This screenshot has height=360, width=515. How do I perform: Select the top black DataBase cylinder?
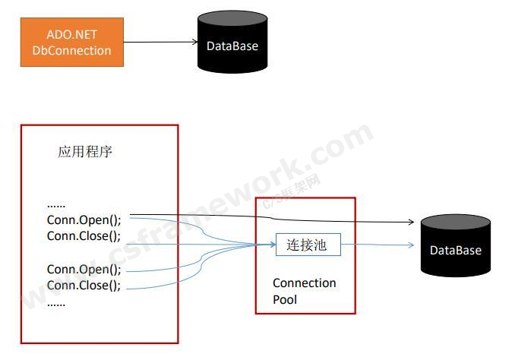pos(232,43)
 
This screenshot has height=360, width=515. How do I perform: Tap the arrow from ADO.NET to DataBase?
pos(160,43)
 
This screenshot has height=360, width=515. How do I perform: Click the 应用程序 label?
pos(85,151)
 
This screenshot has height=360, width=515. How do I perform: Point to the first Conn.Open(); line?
pos(84,219)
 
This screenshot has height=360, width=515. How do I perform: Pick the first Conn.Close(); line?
pos(84,235)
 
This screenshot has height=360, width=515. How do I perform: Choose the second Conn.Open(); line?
pos(84,270)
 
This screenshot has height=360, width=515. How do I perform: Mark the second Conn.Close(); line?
pos(84,286)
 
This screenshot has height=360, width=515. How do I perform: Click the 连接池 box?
pos(308,245)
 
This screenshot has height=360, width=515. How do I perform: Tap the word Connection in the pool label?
pos(304,283)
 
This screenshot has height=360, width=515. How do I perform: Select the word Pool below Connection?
pos(285,300)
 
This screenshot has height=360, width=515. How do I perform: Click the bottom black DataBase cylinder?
pos(456,246)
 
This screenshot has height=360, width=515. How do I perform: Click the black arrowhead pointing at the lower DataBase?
pos(409,223)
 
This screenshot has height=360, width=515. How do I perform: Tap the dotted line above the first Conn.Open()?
pos(56,205)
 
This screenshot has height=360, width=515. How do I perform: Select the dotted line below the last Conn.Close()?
pos(56,303)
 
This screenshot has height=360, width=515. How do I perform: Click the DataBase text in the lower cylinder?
pos(456,250)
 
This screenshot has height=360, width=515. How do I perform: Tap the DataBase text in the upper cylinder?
pos(232,46)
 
